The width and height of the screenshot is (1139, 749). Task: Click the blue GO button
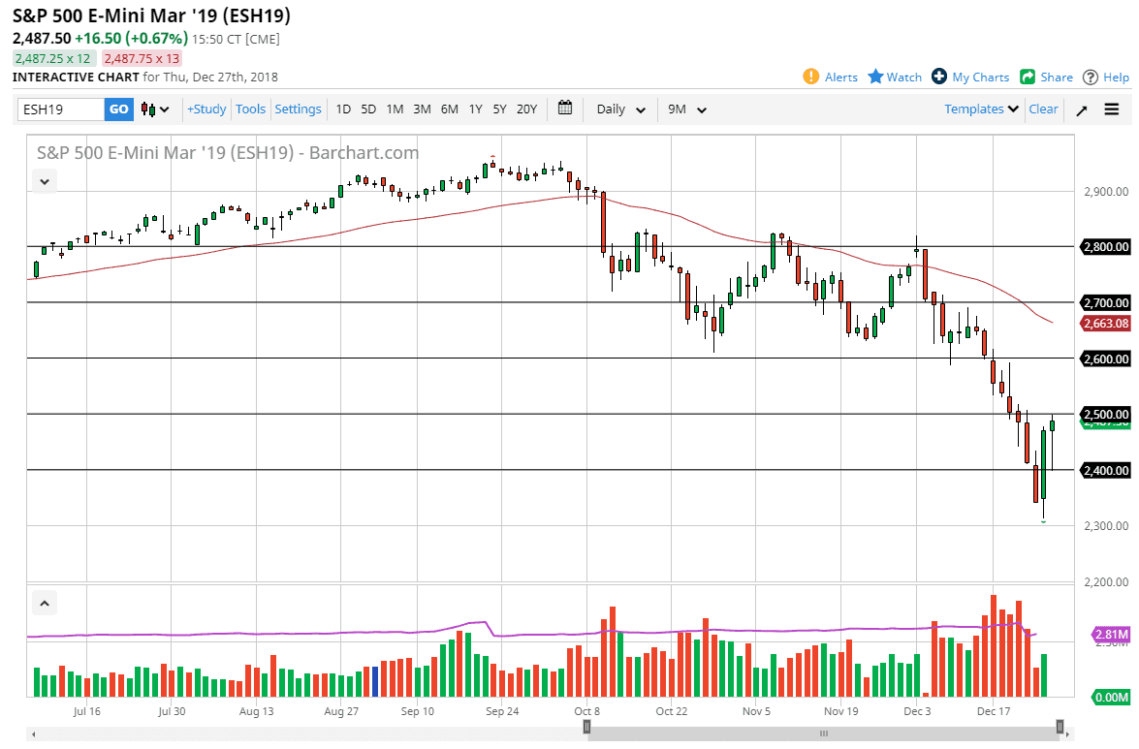[x=118, y=109]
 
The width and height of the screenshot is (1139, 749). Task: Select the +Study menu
[x=206, y=109]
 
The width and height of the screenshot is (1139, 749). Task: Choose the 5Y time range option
[x=499, y=109]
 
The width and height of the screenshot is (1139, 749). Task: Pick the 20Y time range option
[x=526, y=109]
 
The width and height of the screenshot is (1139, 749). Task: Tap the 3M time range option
[x=422, y=109]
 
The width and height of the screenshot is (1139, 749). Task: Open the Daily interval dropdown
[x=620, y=109]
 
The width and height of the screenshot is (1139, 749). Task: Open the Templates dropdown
[x=981, y=109]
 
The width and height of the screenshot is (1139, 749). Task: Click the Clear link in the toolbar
[x=1043, y=109]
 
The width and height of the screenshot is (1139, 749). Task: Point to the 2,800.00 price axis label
[x=1106, y=247]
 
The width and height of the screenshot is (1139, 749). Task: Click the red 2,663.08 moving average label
[x=1106, y=324]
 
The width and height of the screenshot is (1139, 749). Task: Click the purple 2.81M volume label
[x=1111, y=635]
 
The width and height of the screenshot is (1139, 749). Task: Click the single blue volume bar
[x=374, y=681]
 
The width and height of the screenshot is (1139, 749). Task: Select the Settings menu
[x=298, y=109]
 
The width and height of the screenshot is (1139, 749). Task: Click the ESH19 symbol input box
[x=60, y=109]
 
